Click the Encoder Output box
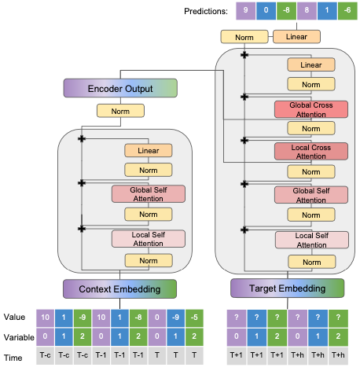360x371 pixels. [x=119, y=88]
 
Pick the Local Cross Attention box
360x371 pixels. [x=311, y=151]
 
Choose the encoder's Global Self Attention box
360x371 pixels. [x=148, y=193]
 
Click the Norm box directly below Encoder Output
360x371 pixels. [x=119, y=112]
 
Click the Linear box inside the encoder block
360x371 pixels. [x=148, y=149]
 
